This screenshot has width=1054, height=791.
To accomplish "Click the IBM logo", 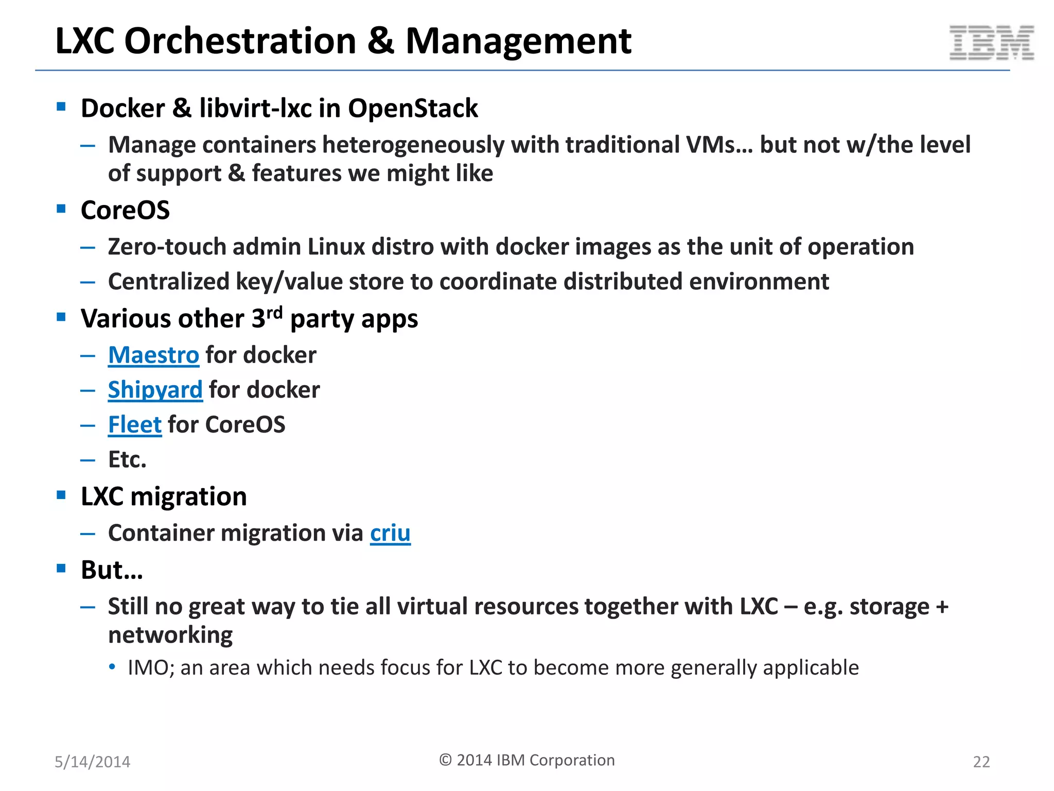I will point(991,43).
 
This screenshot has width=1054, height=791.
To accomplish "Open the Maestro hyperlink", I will point(153,355).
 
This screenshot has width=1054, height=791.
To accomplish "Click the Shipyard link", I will point(155,390).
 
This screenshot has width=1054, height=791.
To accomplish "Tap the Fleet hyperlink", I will point(135,425).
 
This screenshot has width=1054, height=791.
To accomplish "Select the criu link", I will point(390,534).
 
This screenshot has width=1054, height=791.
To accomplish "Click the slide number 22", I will point(981,762).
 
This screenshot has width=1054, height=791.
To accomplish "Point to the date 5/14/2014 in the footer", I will point(93,762).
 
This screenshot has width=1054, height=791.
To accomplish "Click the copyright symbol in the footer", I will point(445,760).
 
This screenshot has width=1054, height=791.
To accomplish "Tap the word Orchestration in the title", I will point(240,41).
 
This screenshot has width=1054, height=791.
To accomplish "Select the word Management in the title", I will point(518,41).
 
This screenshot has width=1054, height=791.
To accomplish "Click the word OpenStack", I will point(413,109).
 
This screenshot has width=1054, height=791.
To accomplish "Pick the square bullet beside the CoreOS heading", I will point(61,209).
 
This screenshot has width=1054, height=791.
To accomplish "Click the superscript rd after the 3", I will point(274,312).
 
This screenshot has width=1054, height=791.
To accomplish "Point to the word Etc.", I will point(127,459).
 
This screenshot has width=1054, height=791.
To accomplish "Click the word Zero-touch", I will point(167,247).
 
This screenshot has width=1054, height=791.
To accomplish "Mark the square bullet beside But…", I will point(61,569).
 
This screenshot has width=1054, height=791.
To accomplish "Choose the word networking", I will point(170,635).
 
